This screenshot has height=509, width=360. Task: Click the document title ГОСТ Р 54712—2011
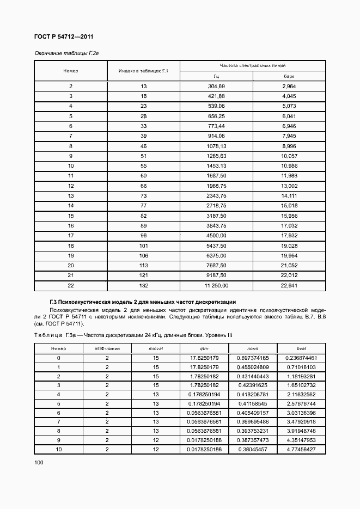pos(64,36)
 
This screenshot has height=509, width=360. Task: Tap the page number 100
pos(39,462)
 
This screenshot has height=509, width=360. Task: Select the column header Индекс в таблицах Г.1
pos(143,71)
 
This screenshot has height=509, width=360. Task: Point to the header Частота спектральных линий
pos(253,65)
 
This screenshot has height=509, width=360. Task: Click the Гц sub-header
pos(216,77)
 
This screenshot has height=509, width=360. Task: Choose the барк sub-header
pos(289,77)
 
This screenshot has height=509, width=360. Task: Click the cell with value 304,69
pos(216,87)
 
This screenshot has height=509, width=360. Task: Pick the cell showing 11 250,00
pos(216,285)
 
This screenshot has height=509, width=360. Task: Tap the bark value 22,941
pos(289,285)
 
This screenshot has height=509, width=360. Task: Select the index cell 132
pos(143,285)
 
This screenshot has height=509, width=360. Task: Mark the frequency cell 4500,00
pos(216,235)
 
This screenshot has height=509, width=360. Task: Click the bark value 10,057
pos(289,156)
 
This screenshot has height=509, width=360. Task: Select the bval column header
pos(301,348)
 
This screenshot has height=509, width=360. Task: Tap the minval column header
pos(156,348)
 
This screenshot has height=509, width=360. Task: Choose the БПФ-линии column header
pos(107,348)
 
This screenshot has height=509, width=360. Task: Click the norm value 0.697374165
pos(253,358)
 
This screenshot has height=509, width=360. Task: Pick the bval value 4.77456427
pos(301,449)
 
